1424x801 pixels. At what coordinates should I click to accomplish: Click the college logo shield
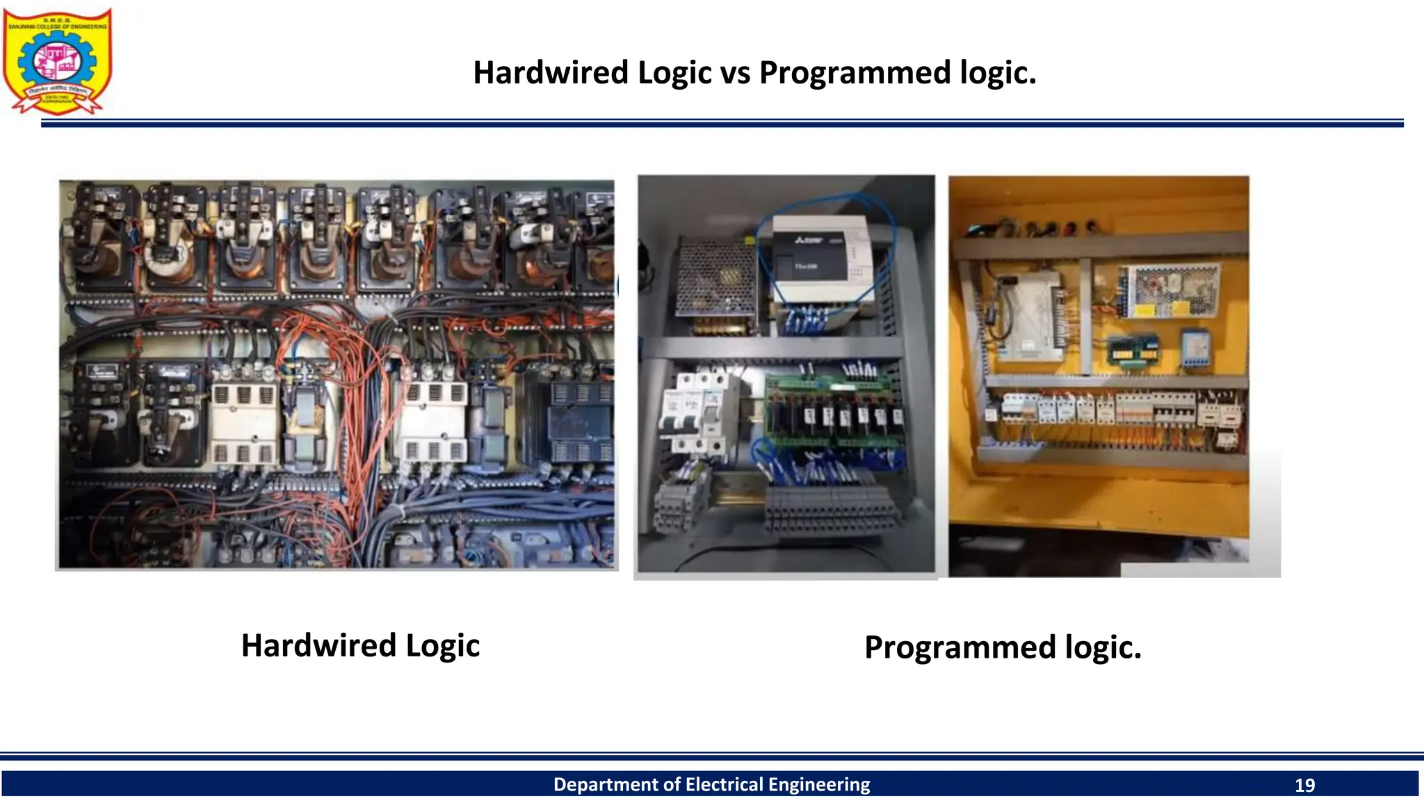pos(57,61)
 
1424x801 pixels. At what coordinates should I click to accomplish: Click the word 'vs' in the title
pos(735,73)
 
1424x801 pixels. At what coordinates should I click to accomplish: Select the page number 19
pos(1304,785)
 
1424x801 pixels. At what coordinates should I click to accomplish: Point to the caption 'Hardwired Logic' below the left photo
pos(360,645)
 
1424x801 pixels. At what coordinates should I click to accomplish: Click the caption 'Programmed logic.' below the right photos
pos(1003,647)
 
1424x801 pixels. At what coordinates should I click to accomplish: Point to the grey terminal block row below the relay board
pos(831,511)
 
